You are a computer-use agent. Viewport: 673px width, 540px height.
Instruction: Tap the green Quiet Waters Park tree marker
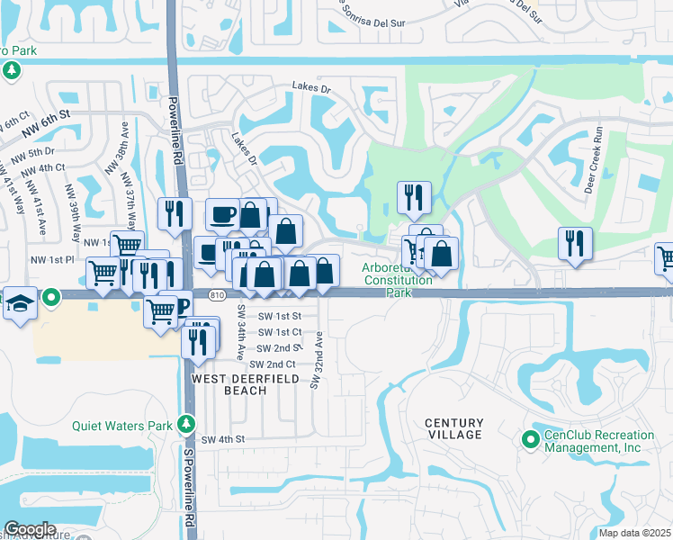[186, 422]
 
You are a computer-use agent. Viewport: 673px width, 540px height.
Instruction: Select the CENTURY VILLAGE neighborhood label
[454, 428]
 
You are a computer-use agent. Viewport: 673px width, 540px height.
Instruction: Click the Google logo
[30, 529]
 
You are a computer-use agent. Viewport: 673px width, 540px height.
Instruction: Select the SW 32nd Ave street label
[317, 360]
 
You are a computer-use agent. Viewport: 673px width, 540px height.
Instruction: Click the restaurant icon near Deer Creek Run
[575, 242]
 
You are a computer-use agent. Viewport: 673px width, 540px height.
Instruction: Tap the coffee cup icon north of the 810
[222, 214]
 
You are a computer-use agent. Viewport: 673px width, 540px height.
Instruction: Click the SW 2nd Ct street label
[272, 364]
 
